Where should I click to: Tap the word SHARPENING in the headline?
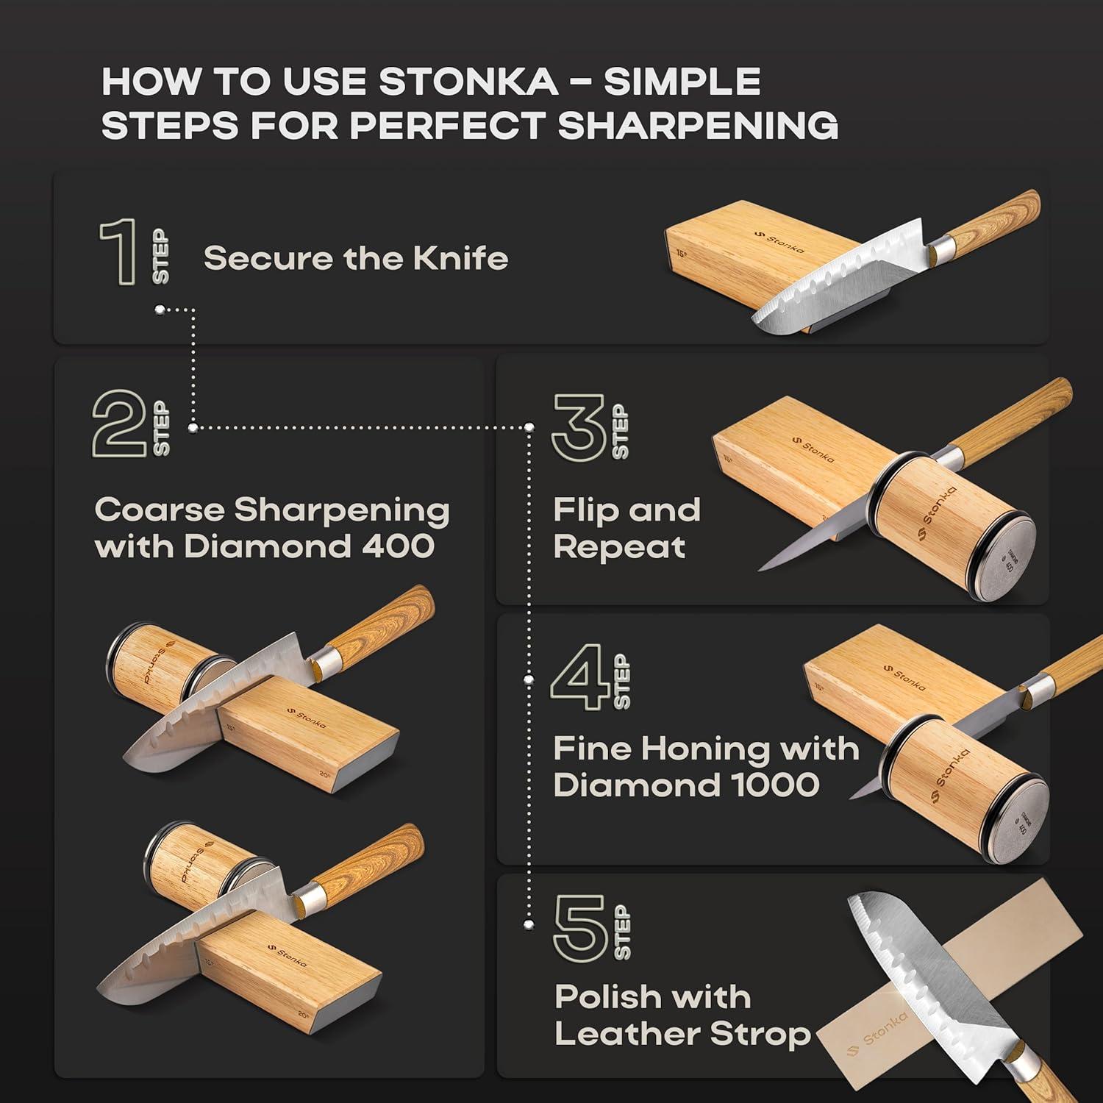(x=698, y=125)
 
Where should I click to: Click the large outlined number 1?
(x=120, y=251)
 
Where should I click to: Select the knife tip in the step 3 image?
(x=761, y=568)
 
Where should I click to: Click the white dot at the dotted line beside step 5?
(x=528, y=924)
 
